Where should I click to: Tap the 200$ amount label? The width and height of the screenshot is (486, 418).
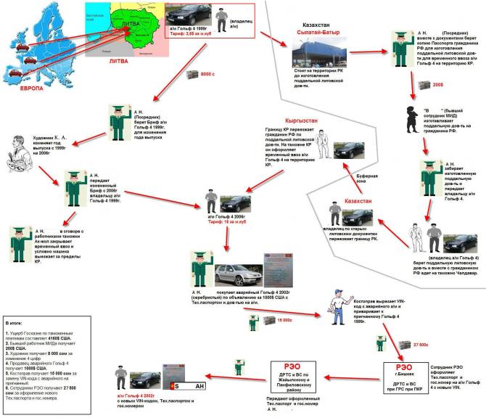[x=438, y=84]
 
